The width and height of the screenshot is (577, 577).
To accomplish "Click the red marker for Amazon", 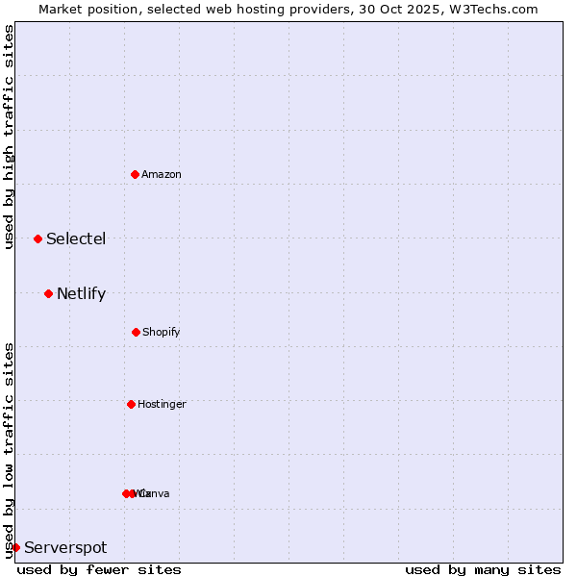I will tap(135, 174).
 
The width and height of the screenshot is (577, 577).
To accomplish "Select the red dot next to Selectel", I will tap(38, 238).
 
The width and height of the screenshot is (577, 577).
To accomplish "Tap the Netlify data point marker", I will tap(48, 293).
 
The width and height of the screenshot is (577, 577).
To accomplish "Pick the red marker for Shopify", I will tap(136, 332).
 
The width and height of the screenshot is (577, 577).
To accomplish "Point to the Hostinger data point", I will tap(131, 404).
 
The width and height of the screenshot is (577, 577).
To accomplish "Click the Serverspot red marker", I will tap(15, 547).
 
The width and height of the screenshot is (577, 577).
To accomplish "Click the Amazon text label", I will tap(162, 174).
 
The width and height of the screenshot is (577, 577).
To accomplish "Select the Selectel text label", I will tap(76, 238).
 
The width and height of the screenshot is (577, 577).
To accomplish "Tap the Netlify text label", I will tap(81, 293).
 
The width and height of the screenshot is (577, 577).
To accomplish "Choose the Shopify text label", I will tap(162, 332).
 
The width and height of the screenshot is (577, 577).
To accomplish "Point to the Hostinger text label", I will tap(162, 404).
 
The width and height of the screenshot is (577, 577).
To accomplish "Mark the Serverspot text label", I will tap(65, 547).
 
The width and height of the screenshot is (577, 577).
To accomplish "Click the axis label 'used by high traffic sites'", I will tap(9, 137).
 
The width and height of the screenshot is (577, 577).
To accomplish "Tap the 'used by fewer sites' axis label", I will tap(99, 569).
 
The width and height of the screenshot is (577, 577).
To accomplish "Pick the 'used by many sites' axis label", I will tap(483, 569).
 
